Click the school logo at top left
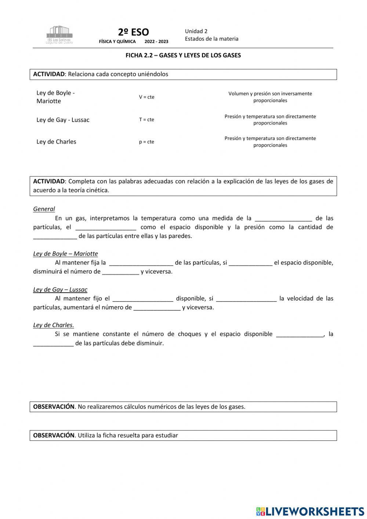coord(59,35)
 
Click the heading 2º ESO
coord(133,32)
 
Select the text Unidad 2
coord(196,31)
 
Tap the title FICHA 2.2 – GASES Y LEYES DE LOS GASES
coord(183,55)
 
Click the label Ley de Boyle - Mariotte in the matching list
coord(55,97)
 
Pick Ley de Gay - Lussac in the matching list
coord(63,120)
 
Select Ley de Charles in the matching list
coord(56,142)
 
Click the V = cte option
coord(146,97)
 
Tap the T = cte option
coord(146,119)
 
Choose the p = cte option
coord(146,142)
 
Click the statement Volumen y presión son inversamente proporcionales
coord(270,97)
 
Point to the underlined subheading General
coord(44,209)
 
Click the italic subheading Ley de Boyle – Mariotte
coord(65,253)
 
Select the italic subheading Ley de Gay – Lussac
coord(60,289)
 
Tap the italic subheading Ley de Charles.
coord(54,325)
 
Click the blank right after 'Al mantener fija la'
coord(141,263)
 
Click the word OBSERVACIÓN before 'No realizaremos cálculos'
coord(54,407)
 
